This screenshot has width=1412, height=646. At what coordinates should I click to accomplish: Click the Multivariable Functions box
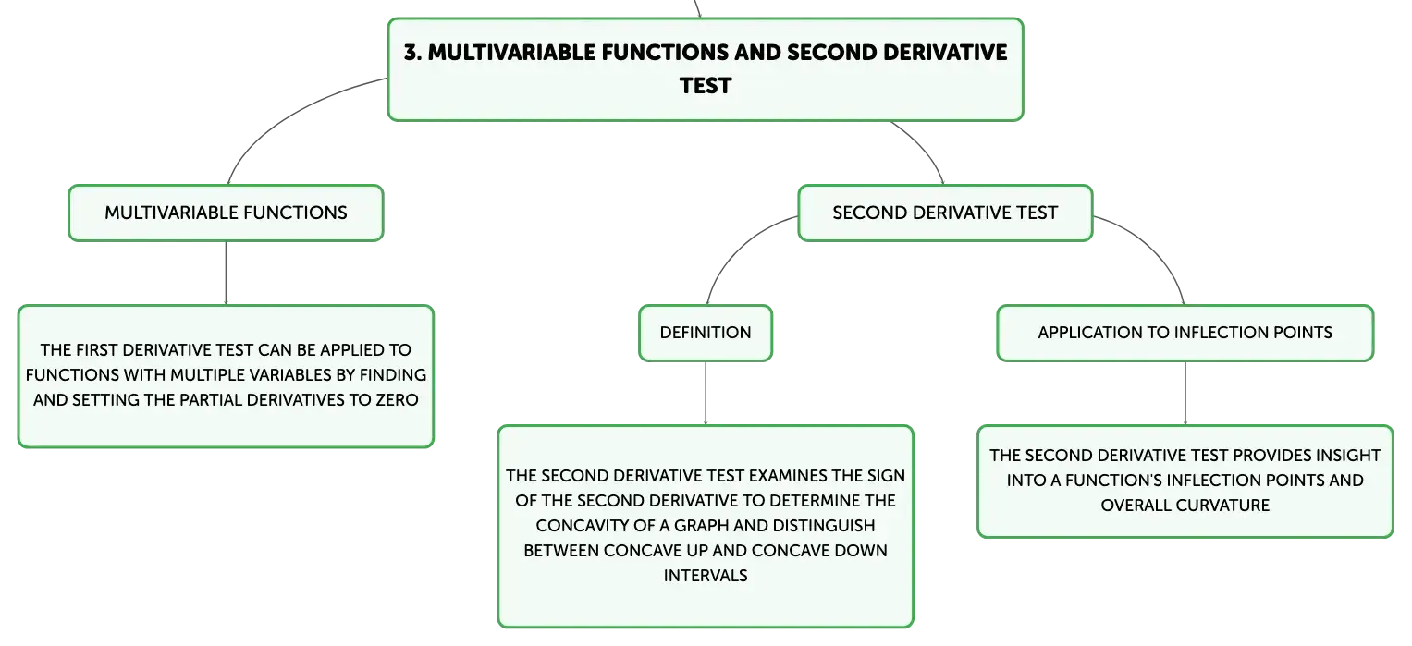[226, 213]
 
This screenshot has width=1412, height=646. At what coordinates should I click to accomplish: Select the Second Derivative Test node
[945, 213]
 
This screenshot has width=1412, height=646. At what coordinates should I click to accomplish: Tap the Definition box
[706, 333]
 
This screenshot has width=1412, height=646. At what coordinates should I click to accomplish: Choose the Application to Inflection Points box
[1185, 333]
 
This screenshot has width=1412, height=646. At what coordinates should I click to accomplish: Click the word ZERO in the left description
[397, 400]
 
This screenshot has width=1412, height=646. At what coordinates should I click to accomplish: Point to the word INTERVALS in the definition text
[706, 576]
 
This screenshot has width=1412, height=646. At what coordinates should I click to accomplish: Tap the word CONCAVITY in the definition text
[578, 526]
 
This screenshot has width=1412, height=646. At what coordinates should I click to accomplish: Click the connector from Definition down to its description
[706, 394]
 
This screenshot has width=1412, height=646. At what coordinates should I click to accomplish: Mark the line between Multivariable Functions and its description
[226, 274]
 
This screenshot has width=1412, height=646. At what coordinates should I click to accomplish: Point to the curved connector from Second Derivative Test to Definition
[740, 247]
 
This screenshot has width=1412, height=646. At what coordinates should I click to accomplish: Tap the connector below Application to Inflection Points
[1185, 394]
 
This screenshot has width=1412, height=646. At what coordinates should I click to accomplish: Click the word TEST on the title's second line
[706, 86]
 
